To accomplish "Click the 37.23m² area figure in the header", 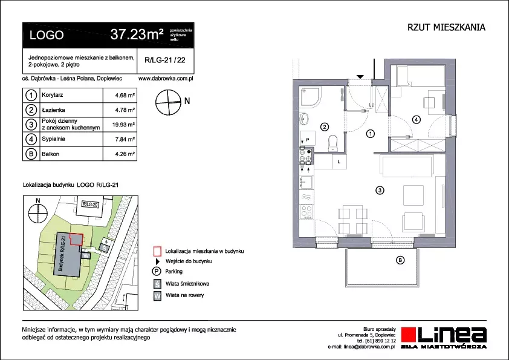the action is coord(137,34).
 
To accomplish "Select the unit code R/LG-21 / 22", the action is coord(165,60).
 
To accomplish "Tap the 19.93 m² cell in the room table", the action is coord(123,125).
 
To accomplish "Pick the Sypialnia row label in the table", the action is coord(53,139).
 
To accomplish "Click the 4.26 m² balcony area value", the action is coord(125,154).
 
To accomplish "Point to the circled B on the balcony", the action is coord(400,260).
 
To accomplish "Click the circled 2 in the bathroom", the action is coord(325,127).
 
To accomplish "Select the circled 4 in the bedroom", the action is coord(416,120).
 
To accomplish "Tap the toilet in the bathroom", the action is coord(333,143).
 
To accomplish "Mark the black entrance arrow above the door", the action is coord(360,77).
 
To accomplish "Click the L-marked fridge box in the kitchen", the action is coord(339,162).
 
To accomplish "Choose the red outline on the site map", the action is coord(77,240).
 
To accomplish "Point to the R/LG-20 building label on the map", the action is coord(90,205).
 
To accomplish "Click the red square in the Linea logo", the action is coord(409,335).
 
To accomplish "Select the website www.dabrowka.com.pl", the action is coord(166,79).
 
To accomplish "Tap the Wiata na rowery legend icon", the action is coord(157,296).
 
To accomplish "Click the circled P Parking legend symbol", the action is coord(157,272).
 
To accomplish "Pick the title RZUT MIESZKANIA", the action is coord(446,27).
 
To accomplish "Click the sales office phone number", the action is coord(377,341).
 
